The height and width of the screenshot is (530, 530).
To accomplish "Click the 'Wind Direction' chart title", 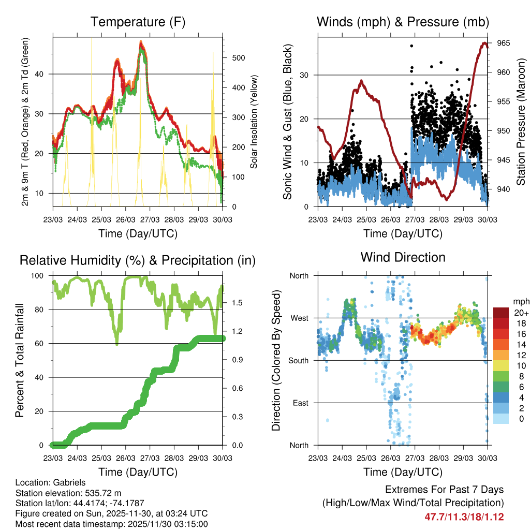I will [403, 257].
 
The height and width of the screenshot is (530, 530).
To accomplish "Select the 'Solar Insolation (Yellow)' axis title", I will [254, 122].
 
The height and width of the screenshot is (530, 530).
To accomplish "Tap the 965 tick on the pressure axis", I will [503, 43].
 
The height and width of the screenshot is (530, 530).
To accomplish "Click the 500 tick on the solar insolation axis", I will [238, 58].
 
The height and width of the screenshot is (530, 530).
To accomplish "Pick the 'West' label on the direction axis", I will [299, 318].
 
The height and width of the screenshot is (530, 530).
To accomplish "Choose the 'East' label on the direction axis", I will [300, 403].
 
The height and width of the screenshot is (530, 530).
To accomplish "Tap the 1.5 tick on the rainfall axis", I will [232, 303].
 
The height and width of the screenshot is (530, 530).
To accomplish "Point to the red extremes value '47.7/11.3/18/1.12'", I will [464, 517].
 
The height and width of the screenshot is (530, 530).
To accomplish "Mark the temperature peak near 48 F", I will [141, 42].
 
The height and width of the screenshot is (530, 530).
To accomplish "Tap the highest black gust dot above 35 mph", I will [411, 46].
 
